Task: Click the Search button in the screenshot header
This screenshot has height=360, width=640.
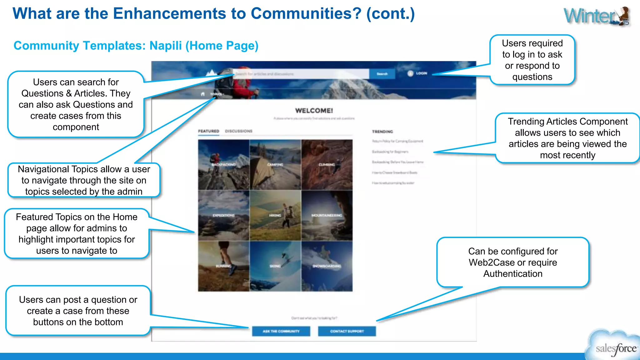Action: pos(382,74)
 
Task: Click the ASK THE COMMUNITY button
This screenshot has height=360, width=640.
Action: pos(281,331)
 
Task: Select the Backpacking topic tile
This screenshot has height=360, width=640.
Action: pos(223,165)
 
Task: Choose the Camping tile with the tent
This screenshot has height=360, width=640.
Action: pos(275,165)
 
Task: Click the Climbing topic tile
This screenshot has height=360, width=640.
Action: pos(327,165)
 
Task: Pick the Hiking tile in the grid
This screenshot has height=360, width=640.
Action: pos(275,215)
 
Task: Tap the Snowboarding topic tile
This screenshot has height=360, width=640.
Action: pos(327,266)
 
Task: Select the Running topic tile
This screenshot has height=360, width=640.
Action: pos(223,266)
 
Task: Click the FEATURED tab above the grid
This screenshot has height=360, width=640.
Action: pos(208,131)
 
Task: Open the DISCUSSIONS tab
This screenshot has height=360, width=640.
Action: pos(238,131)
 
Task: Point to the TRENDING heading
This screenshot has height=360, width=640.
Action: pos(382,132)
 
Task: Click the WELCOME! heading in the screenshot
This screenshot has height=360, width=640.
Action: pos(314,111)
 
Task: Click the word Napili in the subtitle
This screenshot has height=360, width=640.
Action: pos(165,46)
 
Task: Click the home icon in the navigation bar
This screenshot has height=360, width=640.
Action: pos(203,94)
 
